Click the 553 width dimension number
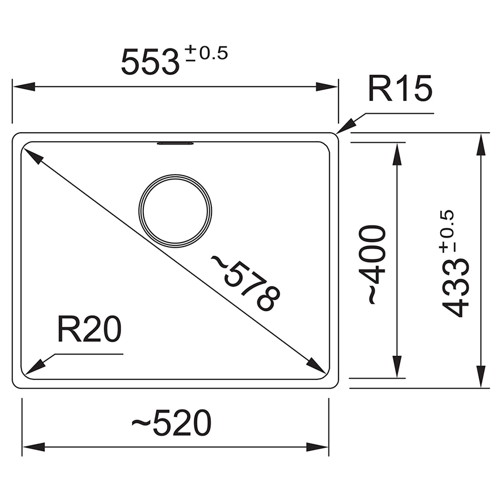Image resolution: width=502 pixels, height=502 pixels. pos(150,62)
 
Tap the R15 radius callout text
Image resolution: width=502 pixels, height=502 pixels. pos(399,89)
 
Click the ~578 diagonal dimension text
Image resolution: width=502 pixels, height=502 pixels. pos(244,283)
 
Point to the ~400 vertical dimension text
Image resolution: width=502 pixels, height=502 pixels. pos(372,265)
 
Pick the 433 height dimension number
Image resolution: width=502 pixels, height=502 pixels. pos(457,290)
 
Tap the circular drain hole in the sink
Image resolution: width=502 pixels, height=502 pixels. pos(175,210)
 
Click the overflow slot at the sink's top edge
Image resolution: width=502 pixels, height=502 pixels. pos(175,143)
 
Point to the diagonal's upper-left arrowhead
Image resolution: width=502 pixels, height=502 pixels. pos(32,156)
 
